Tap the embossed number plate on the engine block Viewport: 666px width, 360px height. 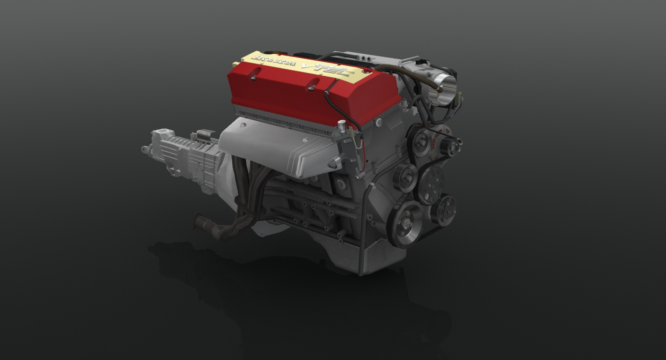[x=308, y=195]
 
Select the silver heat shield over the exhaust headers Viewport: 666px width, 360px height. [x=274, y=146]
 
